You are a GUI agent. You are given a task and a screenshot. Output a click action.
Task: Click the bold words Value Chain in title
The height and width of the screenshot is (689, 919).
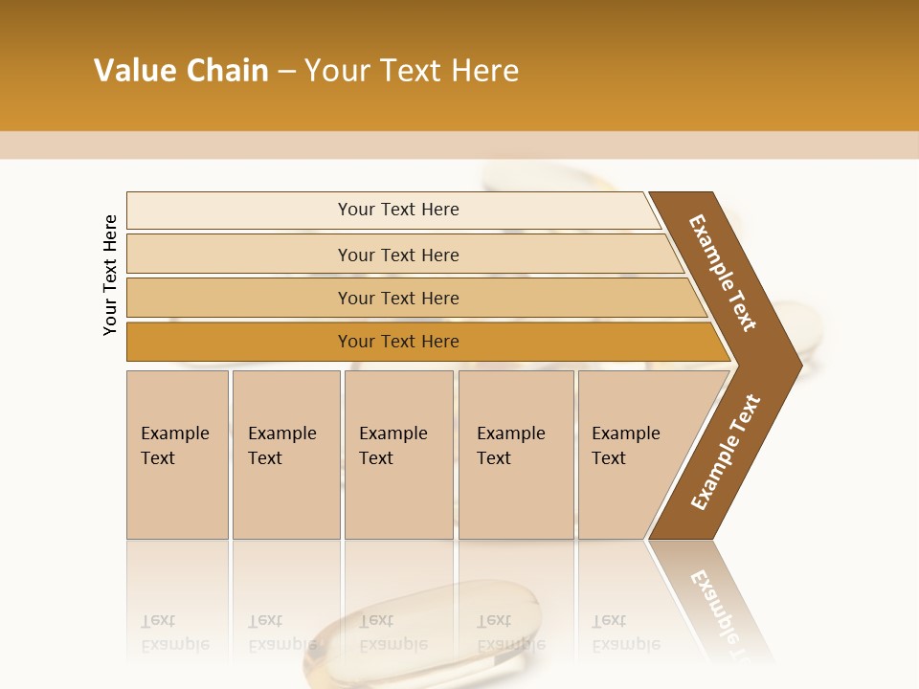coord(181,71)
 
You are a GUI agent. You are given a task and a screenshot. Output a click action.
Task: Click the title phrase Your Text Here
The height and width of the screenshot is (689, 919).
coord(412,71)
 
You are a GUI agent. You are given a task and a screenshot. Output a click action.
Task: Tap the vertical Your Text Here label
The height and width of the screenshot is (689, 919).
coord(111,275)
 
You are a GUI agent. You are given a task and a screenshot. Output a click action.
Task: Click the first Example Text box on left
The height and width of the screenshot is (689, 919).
coord(177,455)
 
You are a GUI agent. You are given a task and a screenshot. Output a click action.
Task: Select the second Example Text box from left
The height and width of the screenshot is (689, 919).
coord(285,455)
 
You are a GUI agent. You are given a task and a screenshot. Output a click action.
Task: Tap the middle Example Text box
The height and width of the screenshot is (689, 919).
coord(398,455)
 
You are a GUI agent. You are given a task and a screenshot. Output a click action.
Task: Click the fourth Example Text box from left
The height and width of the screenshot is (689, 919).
coord(516,455)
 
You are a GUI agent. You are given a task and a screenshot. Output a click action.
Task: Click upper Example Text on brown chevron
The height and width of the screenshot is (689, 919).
coord(723,272)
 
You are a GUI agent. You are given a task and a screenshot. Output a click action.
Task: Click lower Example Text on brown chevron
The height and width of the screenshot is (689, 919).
coord(725,452)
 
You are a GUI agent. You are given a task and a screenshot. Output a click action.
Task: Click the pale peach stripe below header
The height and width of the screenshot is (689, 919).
coord(459,145)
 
